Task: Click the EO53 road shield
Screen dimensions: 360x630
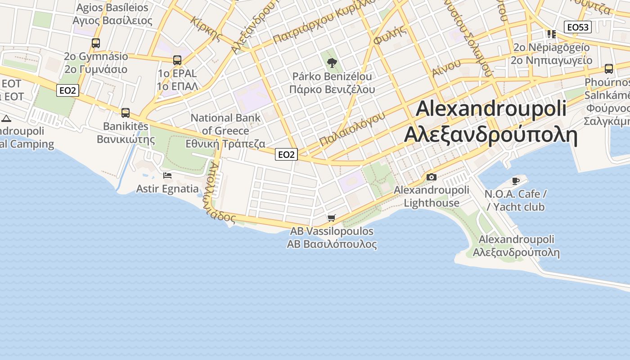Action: (578, 27)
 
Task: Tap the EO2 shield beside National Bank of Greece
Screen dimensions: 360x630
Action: (286, 155)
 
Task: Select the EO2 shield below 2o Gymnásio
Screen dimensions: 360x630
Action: (68, 90)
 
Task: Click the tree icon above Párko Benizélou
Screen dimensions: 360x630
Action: (332, 63)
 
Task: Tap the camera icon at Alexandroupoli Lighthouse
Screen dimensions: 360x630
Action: (431, 177)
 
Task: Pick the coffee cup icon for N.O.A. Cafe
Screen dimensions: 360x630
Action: (515, 181)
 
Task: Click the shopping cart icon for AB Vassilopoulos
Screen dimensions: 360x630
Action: (332, 218)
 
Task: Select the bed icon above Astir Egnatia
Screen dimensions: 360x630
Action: (167, 175)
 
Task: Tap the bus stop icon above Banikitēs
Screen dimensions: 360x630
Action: (126, 112)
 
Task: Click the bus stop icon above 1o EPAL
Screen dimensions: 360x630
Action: (177, 60)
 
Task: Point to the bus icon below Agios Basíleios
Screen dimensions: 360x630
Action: (96, 43)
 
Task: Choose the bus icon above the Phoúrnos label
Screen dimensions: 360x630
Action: (609, 69)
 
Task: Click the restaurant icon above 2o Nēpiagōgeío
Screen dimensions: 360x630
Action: (551, 34)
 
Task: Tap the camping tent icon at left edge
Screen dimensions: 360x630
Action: (6, 118)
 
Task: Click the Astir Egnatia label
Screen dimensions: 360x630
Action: (167, 189)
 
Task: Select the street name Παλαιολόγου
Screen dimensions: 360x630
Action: (352, 129)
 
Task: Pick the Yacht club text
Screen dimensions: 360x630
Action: (518, 207)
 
